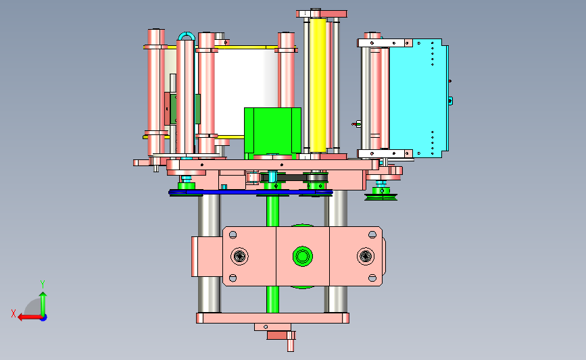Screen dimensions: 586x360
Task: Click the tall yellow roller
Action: click(x=318, y=85)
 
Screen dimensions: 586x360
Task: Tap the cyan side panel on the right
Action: click(x=418, y=98)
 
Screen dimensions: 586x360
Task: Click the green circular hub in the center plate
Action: click(x=302, y=257)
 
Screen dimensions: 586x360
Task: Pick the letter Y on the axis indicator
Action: click(x=43, y=284)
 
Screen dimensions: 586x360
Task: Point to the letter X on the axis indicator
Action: click(x=14, y=313)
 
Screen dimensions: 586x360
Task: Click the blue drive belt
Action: click(x=250, y=192)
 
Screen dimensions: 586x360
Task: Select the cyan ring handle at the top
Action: click(x=187, y=36)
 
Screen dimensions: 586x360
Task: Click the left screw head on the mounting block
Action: click(x=239, y=256)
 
